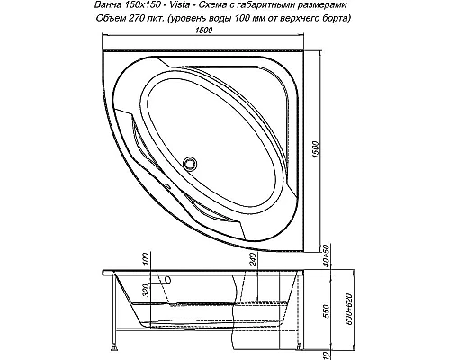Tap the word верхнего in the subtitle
(x=299, y=19)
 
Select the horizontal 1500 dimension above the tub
(x=203, y=31)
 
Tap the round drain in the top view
(x=190, y=164)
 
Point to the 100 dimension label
(x=146, y=259)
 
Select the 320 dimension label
(x=146, y=290)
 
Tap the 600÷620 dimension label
(x=348, y=309)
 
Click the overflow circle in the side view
(x=168, y=280)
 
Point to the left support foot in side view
(x=114, y=347)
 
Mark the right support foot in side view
(x=301, y=347)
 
